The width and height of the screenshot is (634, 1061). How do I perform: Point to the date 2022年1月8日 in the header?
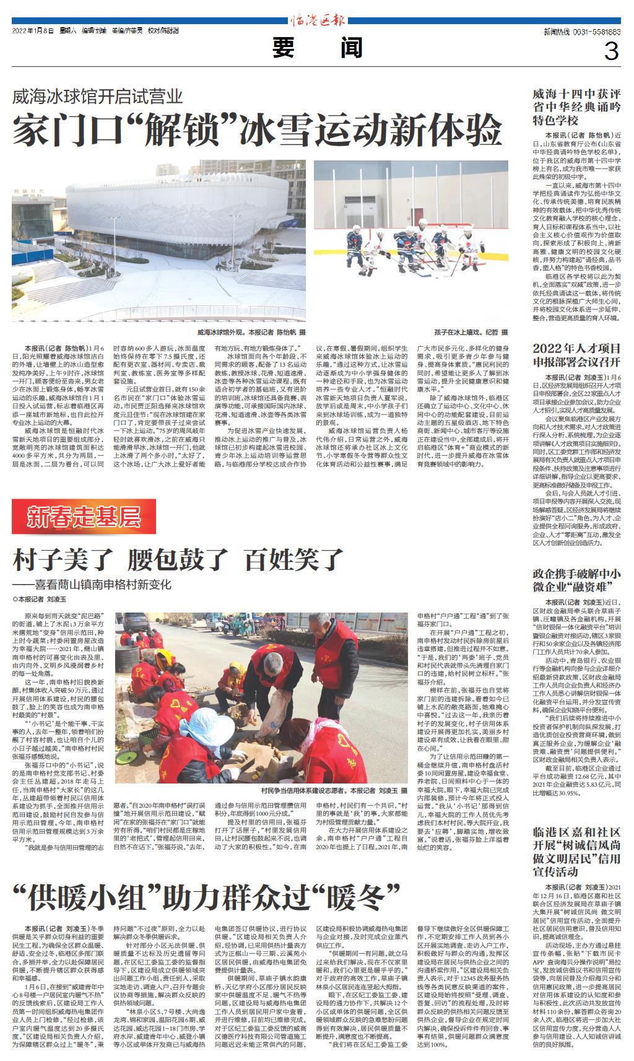[x=33, y=31]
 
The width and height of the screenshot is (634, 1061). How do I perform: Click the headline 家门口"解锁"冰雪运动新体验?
[x=258, y=129]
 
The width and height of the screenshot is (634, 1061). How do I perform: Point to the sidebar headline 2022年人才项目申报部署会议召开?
[x=576, y=355]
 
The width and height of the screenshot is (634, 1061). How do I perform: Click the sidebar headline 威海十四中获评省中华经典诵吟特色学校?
[x=576, y=107]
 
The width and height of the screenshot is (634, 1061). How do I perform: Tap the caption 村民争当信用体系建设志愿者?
[x=334, y=790]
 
